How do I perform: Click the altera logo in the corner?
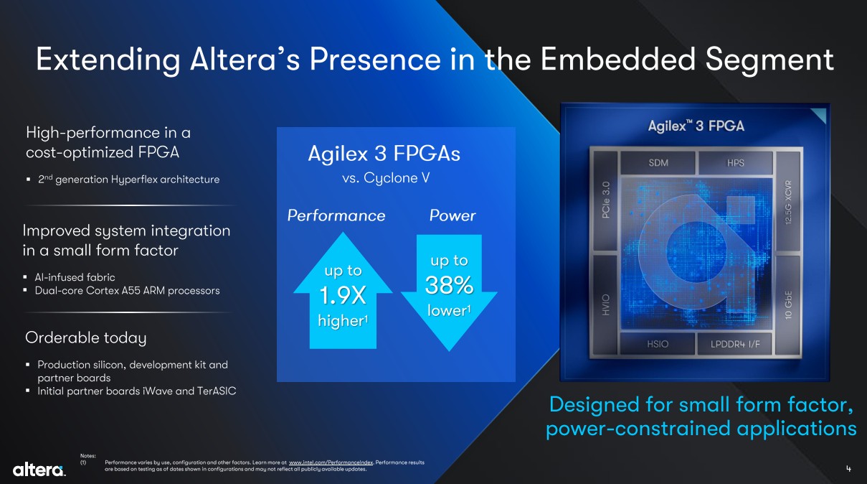point(39,470)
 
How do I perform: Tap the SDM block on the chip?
point(658,163)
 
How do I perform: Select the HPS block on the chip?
point(735,163)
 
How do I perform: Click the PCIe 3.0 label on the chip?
point(606,200)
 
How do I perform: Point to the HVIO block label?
point(606,304)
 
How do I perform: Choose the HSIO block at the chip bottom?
point(658,344)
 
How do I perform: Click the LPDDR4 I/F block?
point(734,344)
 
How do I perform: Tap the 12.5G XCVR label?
point(788,202)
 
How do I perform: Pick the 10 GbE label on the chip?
point(788,305)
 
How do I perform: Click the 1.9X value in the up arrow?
point(343,296)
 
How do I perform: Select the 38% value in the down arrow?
point(449,285)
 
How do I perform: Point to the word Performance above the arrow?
point(336,215)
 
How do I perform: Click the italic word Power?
point(453,215)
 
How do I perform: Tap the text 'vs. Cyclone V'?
point(386,178)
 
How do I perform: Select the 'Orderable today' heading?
point(86,338)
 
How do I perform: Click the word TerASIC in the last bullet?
point(217,391)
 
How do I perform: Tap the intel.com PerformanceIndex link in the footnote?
point(331,462)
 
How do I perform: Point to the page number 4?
point(848,469)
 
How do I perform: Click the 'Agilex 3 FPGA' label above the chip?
point(696,126)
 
